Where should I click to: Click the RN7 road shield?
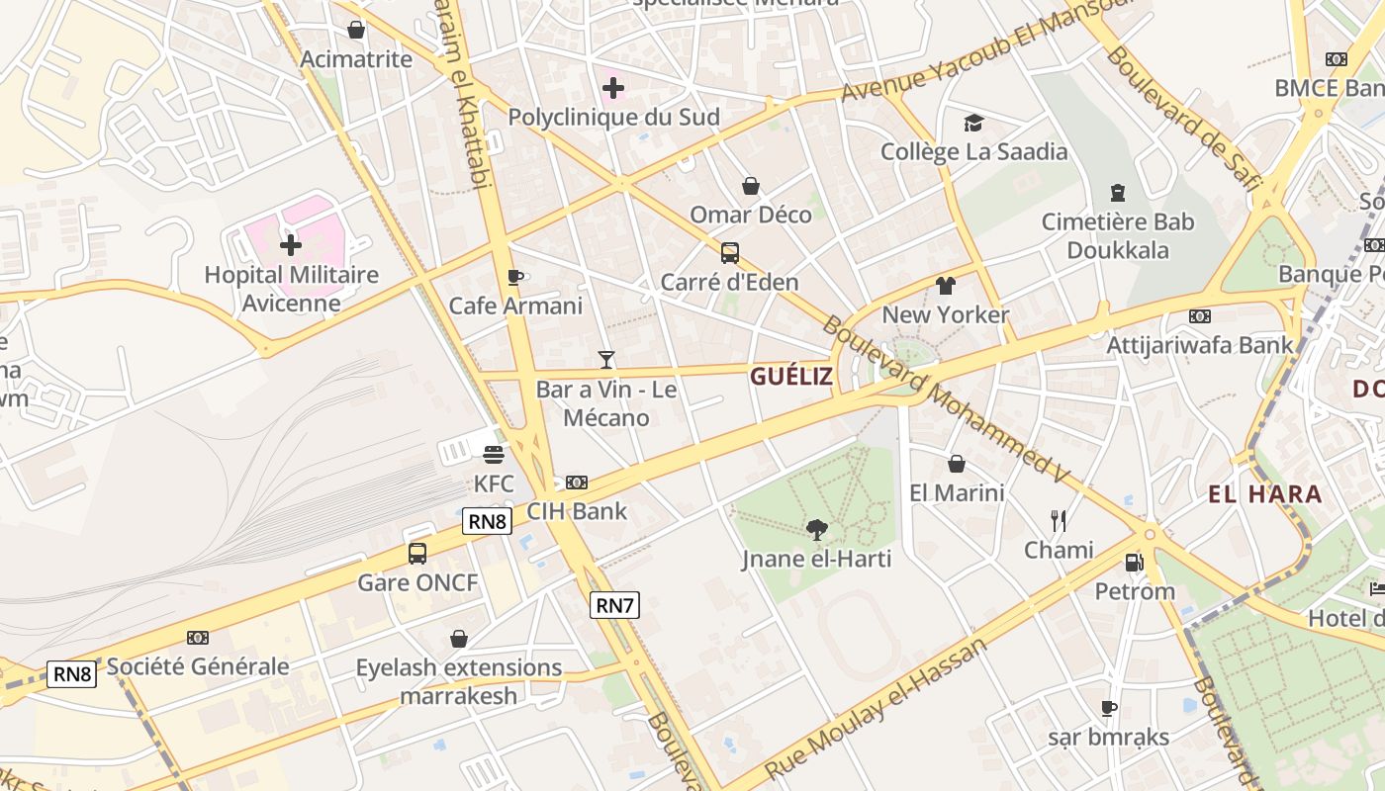(x=613, y=605)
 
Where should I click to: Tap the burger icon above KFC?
(x=494, y=455)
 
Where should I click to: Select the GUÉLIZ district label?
(x=790, y=376)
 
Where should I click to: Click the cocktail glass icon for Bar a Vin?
(x=606, y=360)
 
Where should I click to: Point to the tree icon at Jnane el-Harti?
(x=816, y=530)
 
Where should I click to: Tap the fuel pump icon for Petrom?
(x=1134, y=563)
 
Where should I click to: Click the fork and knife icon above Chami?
(x=1059, y=520)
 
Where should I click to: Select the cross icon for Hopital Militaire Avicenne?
(x=291, y=244)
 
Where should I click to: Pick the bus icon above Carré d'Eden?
(x=729, y=253)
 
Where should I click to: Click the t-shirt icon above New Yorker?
(x=946, y=286)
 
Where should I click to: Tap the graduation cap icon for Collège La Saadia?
(x=973, y=123)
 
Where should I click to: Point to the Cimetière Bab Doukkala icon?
(x=1118, y=192)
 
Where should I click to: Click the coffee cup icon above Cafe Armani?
(x=514, y=277)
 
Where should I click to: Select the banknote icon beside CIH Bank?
(x=577, y=483)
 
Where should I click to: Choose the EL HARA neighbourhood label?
(x=1264, y=494)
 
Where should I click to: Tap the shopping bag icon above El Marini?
(x=957, y=464)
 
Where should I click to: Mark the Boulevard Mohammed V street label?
(x=945, y=399)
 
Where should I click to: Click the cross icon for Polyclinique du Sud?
(x=613, y=88)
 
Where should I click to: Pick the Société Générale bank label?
(x=198, y=666)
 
